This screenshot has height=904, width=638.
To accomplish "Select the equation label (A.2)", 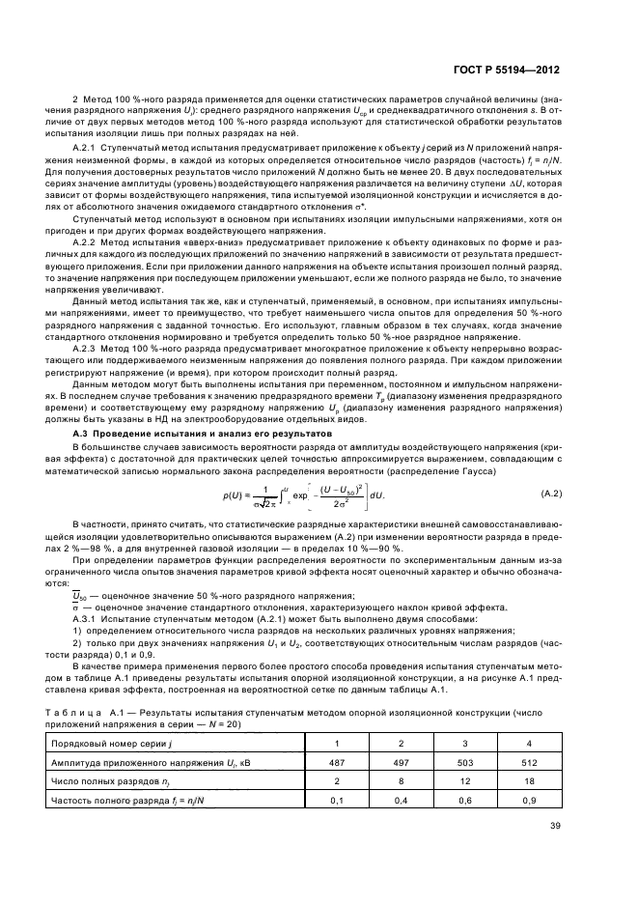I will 578,494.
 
